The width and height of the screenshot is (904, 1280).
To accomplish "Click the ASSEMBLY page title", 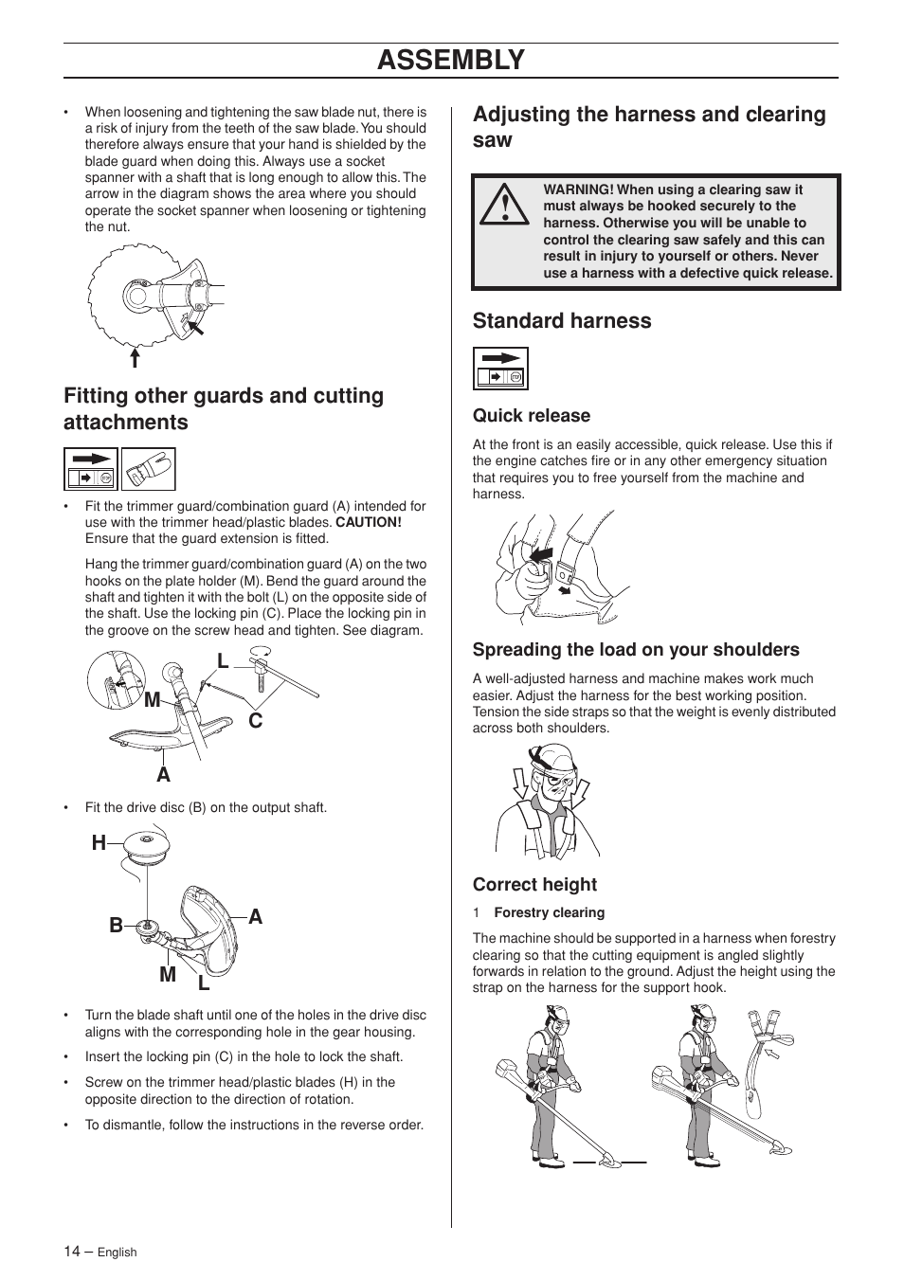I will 450,60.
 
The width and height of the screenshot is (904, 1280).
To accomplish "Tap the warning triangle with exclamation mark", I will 503,205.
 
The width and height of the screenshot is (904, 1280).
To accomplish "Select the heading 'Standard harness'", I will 562,321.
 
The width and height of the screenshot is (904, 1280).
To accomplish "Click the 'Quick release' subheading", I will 531,416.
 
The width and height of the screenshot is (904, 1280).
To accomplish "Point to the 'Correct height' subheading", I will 534,885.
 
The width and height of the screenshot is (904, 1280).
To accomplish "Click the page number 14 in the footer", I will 73,1252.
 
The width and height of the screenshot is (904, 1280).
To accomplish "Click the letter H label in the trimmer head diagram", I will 99,843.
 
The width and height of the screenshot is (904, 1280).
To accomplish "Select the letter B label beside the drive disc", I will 116,926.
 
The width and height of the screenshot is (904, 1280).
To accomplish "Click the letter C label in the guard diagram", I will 255,721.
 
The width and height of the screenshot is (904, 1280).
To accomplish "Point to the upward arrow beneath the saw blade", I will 136,357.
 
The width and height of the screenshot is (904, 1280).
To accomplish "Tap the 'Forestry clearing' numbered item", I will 549,913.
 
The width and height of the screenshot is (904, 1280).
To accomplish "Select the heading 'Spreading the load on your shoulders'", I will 636,650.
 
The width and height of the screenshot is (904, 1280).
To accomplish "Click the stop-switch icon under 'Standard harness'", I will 500,369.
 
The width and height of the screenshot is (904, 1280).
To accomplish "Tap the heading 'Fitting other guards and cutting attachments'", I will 224,409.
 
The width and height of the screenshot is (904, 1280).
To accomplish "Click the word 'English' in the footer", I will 118,1253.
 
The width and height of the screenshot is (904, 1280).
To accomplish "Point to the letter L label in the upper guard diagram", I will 223,661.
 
